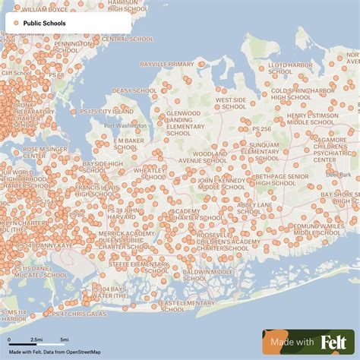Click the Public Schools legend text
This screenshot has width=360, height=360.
[x=45, y=24]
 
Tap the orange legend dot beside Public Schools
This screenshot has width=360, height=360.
[x=16, y=24]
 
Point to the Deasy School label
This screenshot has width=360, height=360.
[x=134, y=90]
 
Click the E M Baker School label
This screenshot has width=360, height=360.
[x=128, y=144]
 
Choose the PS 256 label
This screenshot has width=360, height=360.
[x=261, y=129]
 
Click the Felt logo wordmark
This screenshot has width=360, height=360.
[x=337, y=342]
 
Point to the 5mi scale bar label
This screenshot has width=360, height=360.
[x=64, y=339]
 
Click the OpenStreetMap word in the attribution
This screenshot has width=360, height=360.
[x=84, y=352]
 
